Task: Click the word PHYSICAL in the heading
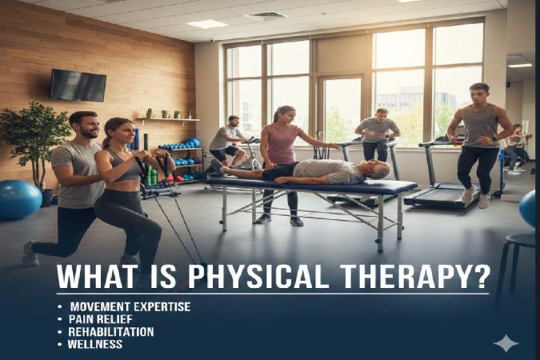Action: click(x=265, y=278)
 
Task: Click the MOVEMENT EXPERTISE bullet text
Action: click(x=129, y=306)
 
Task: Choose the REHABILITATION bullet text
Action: click(x=110, y=331)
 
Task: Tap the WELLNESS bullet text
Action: click(x=95, y=344)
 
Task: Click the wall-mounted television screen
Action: click(x=78, y=85)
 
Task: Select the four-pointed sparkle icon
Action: click(x=506, y=343)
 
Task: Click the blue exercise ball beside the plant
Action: click(x=18, y=199)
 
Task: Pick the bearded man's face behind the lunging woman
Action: click(x=85, y=126)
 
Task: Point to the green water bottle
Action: click(x=152, y=175)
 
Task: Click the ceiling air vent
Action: click(x=266, y=15)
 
